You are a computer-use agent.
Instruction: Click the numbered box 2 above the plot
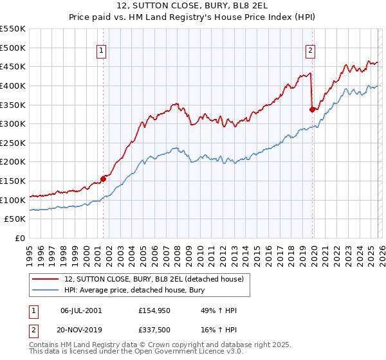311,51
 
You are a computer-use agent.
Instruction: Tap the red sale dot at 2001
103,179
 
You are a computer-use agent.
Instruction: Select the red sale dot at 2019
312,109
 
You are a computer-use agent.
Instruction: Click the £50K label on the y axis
15,219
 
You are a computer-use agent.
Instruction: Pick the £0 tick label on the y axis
21,239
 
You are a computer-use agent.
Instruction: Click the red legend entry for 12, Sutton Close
154,279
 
